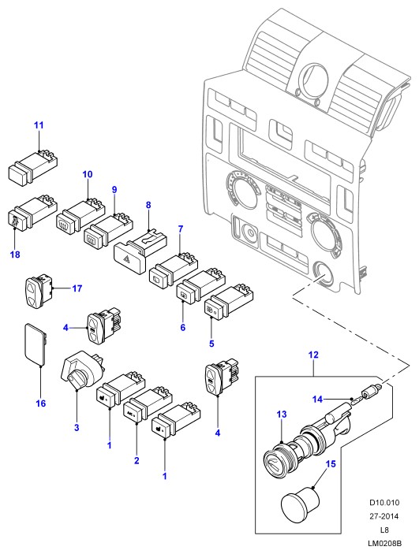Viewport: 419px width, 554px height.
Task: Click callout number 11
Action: (39, 125)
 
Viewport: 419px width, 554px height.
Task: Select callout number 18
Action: (15, 254)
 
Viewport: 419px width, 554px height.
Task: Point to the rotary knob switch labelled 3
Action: (83, 369)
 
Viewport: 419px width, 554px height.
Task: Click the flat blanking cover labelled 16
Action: (36, 344)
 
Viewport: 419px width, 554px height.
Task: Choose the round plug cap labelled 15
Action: (300, 502)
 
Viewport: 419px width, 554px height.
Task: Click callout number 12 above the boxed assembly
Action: (313, 355)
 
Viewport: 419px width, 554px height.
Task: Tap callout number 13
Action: (282, 414)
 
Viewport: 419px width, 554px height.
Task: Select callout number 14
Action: (317, 400)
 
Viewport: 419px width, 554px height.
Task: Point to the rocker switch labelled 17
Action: (38, 290)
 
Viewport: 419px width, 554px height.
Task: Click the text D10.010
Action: (384, 503)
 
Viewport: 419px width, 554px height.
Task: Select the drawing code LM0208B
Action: (384, 544)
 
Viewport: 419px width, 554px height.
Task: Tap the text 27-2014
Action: (384, 516)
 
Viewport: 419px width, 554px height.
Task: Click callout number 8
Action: (148, 205)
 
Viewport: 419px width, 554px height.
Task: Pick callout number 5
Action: (211, 344)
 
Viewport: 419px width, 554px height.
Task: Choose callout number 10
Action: (88, 174)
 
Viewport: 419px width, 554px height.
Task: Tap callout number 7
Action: (181, 229)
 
